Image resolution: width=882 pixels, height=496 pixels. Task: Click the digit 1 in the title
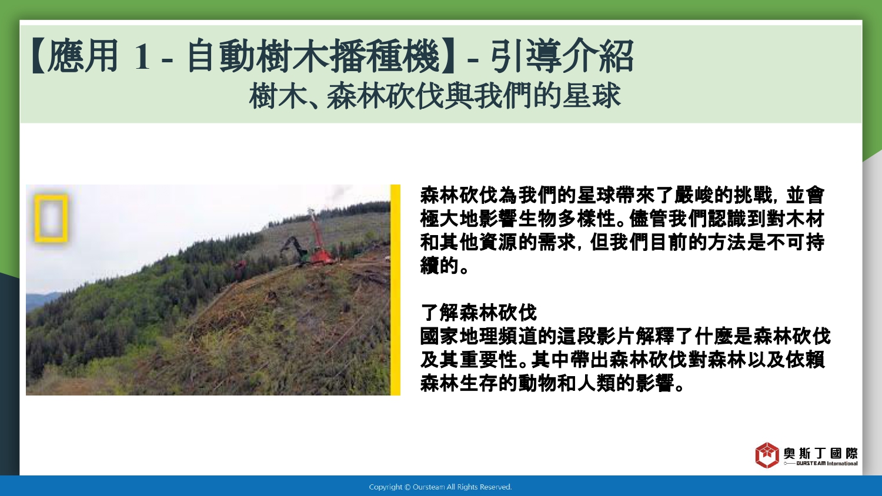[x=142, y=56]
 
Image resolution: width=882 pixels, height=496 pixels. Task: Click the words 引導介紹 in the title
[x=562, y=56]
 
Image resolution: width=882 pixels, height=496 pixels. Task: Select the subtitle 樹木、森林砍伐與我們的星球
[x=435, y=96]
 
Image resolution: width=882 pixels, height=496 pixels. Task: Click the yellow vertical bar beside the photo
[x=395, y=290]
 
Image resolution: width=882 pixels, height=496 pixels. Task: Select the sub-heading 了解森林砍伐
[x=479, y=313]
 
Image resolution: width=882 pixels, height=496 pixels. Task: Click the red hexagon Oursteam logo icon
[x=767, y=455]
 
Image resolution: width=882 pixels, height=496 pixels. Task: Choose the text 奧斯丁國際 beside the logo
[x=821, y=454]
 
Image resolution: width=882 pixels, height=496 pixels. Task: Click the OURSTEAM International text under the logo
[x=827, y=464]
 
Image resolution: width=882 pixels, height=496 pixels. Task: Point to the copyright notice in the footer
[x=440, y=487]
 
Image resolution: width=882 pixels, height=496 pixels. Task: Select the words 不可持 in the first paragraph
[x=796, y=243]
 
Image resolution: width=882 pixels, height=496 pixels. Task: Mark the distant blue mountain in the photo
[x=41, y=300]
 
